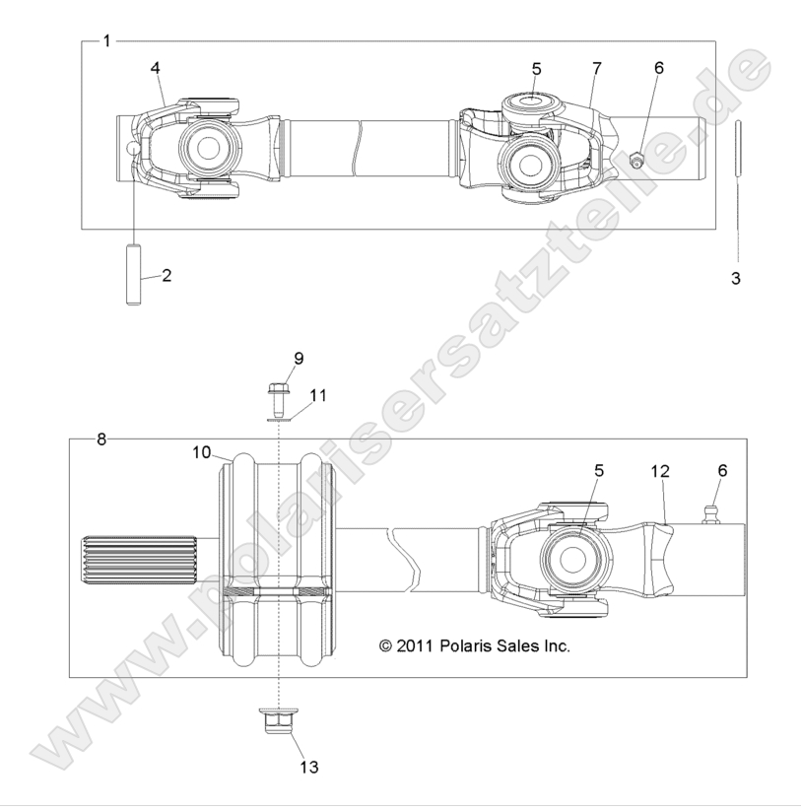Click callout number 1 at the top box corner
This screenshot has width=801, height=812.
[x=106, y=40]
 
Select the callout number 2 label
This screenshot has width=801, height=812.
[x=167, y=275]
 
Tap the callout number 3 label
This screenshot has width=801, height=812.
[x=735, y=279]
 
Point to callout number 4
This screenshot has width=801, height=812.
[x=155, y=67]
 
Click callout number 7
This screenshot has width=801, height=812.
[x=596, y=68]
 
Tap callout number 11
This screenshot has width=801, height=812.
[x=317, y=394]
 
